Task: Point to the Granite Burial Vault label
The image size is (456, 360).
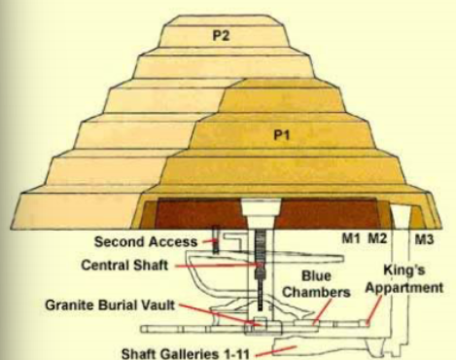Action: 111,306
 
